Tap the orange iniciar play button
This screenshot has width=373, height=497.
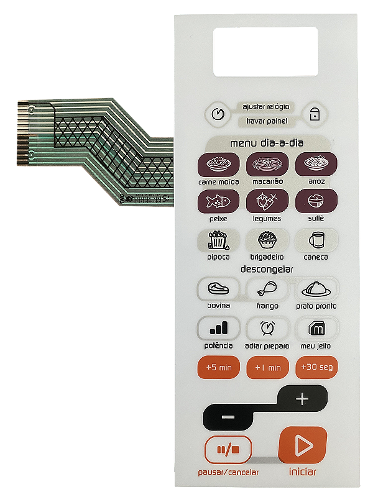(x=303, y=445)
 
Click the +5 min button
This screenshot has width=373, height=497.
(x=218, y=367)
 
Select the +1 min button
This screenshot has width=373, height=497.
(x=267, y=367)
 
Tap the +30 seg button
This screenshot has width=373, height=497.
(x=316, y=367)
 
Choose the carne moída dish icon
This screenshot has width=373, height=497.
(x=218, y=165)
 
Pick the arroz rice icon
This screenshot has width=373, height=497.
(x=316, y=165)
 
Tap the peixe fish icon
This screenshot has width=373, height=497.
(x=218, y=201)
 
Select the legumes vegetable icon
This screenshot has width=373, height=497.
(x=267, y=201)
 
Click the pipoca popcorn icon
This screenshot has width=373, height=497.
(x=218, y=240)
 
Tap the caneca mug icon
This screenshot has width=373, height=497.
(x=316, y=240)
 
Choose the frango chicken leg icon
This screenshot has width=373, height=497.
(x=267, y=289)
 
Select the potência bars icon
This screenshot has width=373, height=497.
(x=218, y=327)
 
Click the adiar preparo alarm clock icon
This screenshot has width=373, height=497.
(x=267, y=327)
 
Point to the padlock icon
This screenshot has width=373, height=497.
(x=315, y=114)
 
